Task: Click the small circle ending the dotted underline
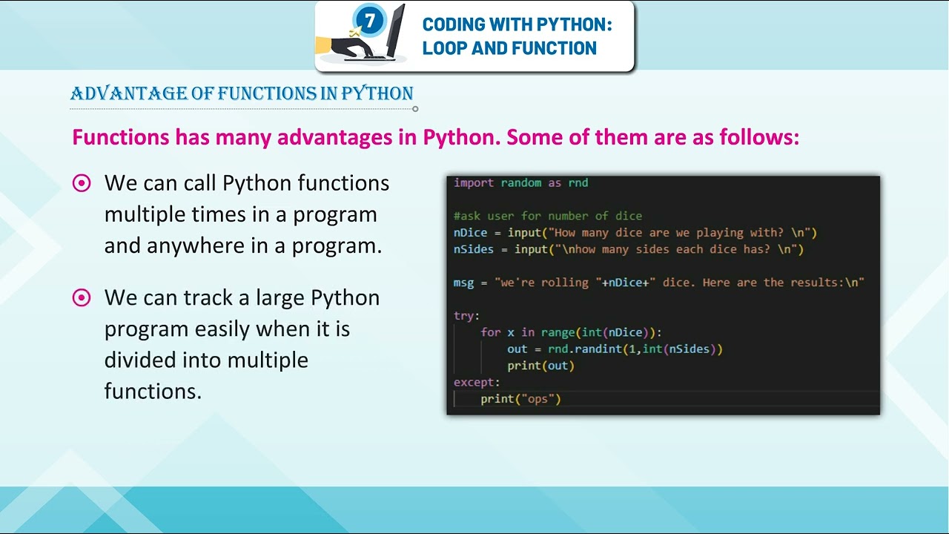coord(415,109)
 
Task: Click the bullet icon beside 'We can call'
coord(82,183)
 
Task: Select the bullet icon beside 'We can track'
coord(82,298)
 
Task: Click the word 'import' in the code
coord(474,182)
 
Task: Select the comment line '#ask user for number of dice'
coord(548,216)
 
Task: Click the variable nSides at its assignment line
coord(473,249)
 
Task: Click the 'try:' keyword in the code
coord(466,316)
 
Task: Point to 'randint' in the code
coord(601,349)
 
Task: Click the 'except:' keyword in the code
coord(477,382)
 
